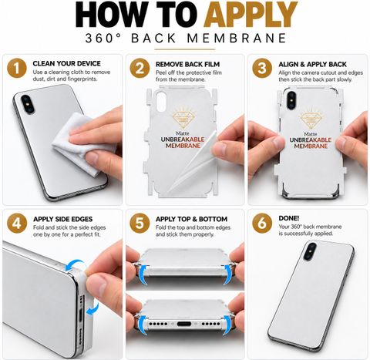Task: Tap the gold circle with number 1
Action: click(17, 69)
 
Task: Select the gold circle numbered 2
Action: click(140, 69)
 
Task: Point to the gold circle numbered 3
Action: click(262, 69)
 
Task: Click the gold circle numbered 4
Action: click(17, 224)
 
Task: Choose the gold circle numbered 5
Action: click(140, 224)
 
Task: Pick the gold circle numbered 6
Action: click(262, 224)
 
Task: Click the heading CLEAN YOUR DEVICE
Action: click(66, 63)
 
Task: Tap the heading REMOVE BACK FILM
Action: click(187, 64)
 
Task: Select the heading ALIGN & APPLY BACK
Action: click(312, 64)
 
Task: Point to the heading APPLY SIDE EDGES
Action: click(62, 219)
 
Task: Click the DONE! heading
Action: click(289, 218)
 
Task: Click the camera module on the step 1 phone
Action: click(28, 103)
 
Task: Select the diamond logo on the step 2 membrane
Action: click(183, 119)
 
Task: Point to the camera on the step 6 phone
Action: click(310, 251)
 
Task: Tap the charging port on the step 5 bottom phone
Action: click(185, 323)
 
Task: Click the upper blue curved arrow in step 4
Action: click(75, 265)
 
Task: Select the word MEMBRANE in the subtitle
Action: click(237, 39)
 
